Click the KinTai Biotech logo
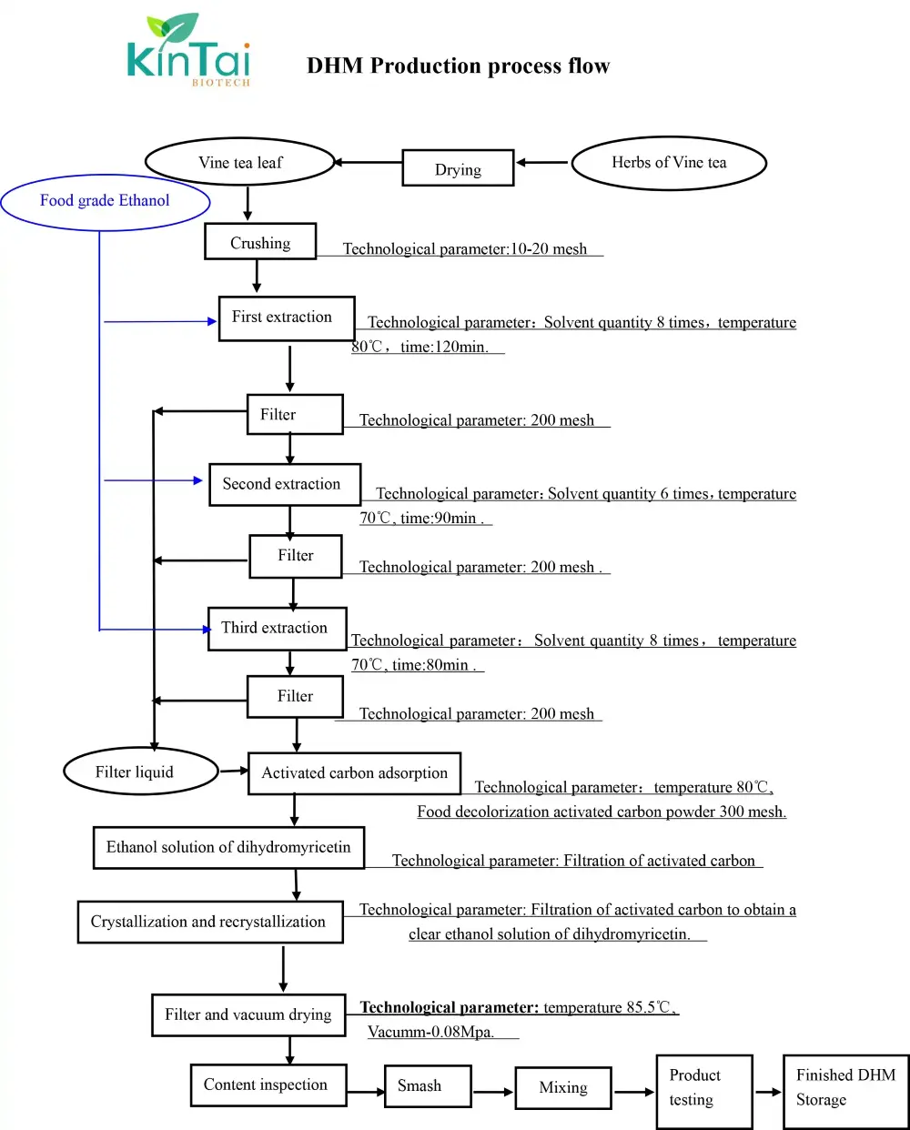[x=188, y=51]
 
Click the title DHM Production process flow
[x=458, y=66]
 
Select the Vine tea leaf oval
[x=240, y=163]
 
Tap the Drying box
[x=458, y=169]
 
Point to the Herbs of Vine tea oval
[x=669, y=163]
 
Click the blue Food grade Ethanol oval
[x=105, y=201]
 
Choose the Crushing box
[x=260, y=243]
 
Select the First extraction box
[x=286, y=318]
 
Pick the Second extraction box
[x=284, y=485]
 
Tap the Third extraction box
[x=277, y=629]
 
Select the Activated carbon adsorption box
[x=354, y=773]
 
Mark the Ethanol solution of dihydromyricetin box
[x=228, y=848]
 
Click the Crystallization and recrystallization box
[x=210, y=922]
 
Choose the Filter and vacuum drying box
[x=248, y=1015]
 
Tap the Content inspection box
[x=268, y=1085]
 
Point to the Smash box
[x=427, y=1086]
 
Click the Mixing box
[x=562, y=1088]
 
